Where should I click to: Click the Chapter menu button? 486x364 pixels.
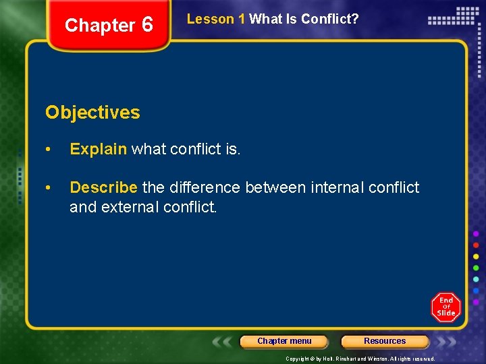point(284,341)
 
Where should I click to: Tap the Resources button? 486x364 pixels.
point(385,341)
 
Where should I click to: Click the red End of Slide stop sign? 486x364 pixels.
point(446,307)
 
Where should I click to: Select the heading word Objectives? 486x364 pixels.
point(92,113)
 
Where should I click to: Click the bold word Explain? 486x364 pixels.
point(98,149)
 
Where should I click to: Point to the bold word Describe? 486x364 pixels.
point(103,187)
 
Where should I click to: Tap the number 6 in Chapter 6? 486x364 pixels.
point(147,25)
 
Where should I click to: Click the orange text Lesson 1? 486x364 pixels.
point(216,20)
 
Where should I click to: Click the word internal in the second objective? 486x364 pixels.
point(337,187)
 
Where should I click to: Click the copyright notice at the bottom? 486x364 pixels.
point(360,359)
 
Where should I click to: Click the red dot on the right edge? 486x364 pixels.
point(476,245)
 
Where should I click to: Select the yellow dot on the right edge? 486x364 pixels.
point(476,257)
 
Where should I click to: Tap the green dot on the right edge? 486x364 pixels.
point(476,268)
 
